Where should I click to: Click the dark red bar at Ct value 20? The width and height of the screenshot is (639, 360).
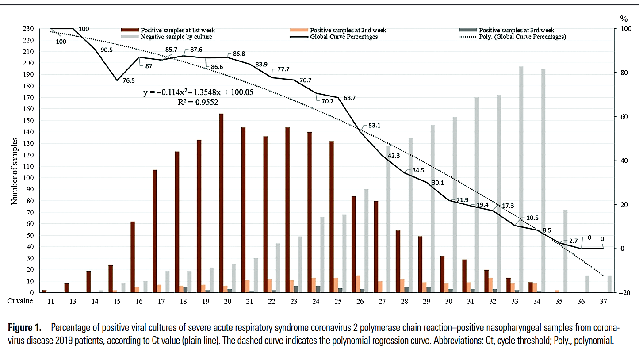[221, 203]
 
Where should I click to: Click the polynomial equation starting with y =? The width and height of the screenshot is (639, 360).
[198, 92]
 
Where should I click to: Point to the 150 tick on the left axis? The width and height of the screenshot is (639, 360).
[28, 120]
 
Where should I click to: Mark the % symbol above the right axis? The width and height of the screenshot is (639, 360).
[624, 19]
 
